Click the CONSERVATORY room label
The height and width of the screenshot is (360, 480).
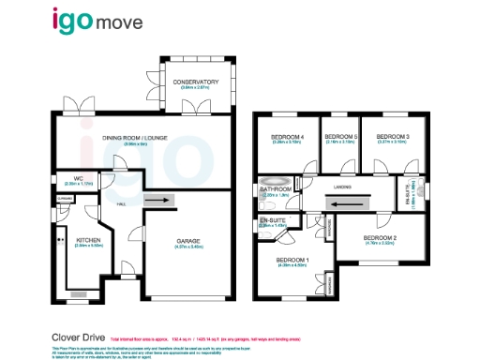click(196, 82)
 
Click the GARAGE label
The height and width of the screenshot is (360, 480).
click(188, 241)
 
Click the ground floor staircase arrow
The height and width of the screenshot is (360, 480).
click(158, 199)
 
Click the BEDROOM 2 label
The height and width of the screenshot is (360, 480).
click(380, 238)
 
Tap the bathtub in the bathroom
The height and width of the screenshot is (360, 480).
click(277, 183)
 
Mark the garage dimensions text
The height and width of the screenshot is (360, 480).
click(188, 248)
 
